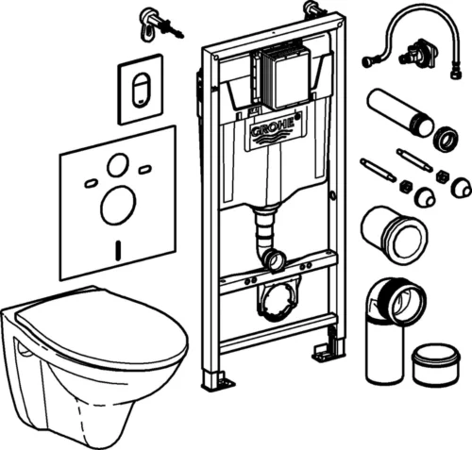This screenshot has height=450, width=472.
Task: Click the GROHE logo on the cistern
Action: (x=274, y=132)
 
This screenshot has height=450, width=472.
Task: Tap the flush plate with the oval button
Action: (x=139, y=91)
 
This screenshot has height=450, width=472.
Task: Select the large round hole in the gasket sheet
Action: (x=118, y=204)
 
